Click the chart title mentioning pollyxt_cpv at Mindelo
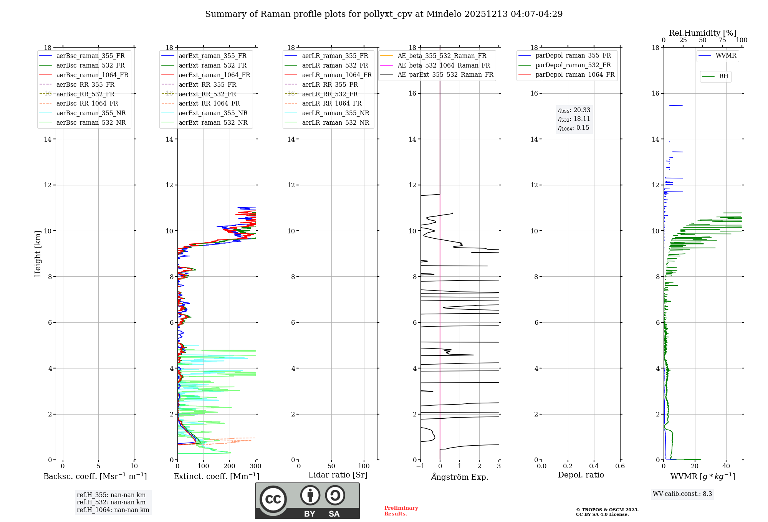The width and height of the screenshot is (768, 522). pos(384,14)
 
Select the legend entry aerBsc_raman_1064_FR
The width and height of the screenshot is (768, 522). pos(92,75)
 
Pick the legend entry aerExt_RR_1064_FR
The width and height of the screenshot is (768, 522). pos(209,103)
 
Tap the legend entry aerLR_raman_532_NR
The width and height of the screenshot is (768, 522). pos(335,122)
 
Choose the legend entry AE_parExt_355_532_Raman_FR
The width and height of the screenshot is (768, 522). pos(445,74)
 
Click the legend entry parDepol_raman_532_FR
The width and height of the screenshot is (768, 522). pos(573,65)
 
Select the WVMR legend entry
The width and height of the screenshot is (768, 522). pos(726,56)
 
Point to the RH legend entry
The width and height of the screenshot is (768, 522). pos(723,76)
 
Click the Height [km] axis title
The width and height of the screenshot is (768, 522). pos(38,253)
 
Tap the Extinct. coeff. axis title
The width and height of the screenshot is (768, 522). pos(217,476)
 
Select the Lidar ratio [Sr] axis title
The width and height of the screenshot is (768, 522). pos(338,475)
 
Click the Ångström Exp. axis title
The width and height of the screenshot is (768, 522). pos(460,477)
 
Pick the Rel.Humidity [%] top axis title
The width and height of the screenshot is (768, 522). pos(702,33)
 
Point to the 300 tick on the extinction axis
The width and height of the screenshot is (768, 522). pos(255,466)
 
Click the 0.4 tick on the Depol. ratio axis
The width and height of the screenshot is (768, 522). pos(594,466)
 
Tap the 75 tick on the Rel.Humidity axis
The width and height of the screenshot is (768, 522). pos(722,40)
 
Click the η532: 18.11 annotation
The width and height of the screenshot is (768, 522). pos(574,119)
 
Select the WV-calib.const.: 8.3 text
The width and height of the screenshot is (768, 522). pos(682,494)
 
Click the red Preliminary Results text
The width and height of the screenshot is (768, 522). pos(401,511)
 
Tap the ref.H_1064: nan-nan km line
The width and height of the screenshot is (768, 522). pos(113,510)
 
